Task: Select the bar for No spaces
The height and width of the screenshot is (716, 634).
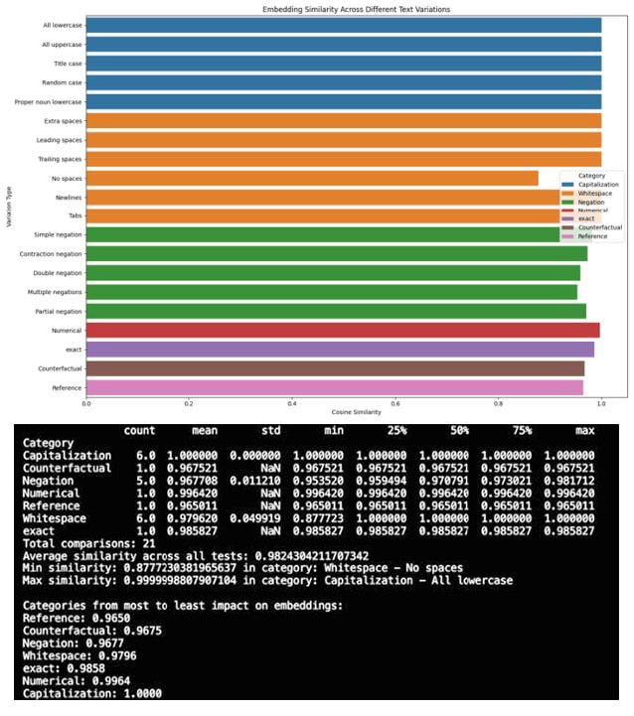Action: pyautogui.click(x=312, y=178)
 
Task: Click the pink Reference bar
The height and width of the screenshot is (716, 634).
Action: pyautogui.click(x=334, y=387)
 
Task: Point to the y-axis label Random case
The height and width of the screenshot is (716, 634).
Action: pyautogui.click(x=62, y=82)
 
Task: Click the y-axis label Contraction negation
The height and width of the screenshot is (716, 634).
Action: pyautogui.click(x=50, y=254)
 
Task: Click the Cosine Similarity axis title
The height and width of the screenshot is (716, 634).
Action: pyautogui.click(x=357, y=412)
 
